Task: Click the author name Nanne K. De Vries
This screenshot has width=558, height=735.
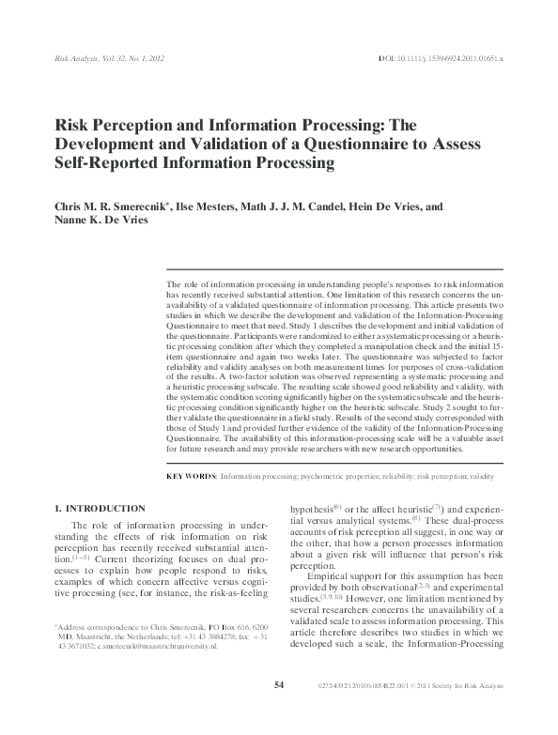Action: point(102,220)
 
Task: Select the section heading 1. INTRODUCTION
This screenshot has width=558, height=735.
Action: point(100,508)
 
